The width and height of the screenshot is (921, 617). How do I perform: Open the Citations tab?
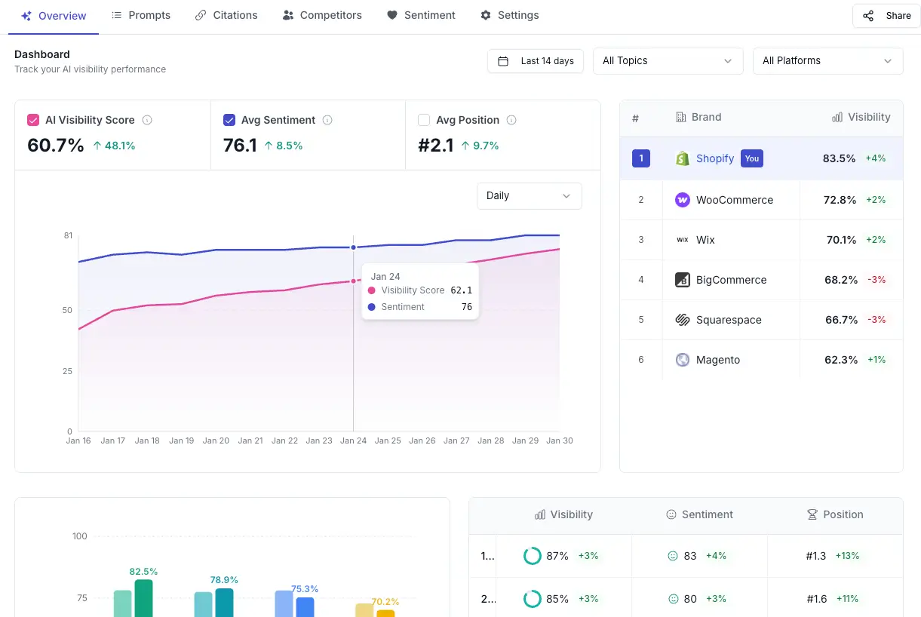tap(226, 15)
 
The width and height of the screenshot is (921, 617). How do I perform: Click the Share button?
tap(886, 16)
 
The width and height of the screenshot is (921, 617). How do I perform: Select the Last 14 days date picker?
tap(536, 61)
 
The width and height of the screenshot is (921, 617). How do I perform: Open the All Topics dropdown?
tap(667, 61)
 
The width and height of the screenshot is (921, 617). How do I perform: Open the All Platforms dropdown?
tap(827, 61)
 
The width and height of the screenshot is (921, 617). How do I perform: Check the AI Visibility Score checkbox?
tap(33, 120)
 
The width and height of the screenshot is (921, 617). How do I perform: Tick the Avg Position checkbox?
tap(424, 120)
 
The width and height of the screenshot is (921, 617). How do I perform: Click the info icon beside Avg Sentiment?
tap(327, 120)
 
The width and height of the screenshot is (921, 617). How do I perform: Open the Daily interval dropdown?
tap(529, 196)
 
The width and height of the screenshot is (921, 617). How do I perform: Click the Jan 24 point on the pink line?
tap(353, 281)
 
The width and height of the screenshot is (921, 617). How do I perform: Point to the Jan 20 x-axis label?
tap(216, 440)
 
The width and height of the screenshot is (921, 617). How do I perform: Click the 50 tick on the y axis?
tap(67, 310)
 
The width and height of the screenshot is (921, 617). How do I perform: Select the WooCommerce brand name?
tap(734, 200)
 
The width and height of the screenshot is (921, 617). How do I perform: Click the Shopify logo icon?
tap(682, 158)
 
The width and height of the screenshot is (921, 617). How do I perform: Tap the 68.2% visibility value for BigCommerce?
tap(840, 280)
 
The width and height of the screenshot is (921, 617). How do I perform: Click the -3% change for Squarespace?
tap(876, 320)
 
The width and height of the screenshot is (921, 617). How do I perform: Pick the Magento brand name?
tap(717, 360)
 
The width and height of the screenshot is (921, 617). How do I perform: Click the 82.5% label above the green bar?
tap(143, 572)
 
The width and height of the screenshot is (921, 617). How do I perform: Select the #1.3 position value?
tap(815, 556)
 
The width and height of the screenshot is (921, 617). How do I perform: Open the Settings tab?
tap(510, 15)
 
